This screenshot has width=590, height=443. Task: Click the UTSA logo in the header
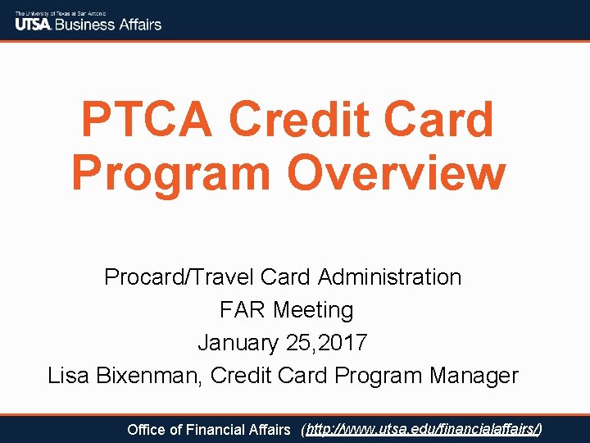[x=33, y=24]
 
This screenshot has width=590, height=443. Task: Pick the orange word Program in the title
[x=173, y=173]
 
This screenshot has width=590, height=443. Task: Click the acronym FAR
[x=243, y=310]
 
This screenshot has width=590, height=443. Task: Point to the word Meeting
[x=313, y=310]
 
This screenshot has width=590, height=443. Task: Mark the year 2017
[x=347, y=343]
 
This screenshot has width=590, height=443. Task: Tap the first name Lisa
[x=69, y=376]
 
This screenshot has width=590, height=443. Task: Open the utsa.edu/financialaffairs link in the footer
[x=423, y=429]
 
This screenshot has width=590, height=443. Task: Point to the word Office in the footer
[x=147, y=429]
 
